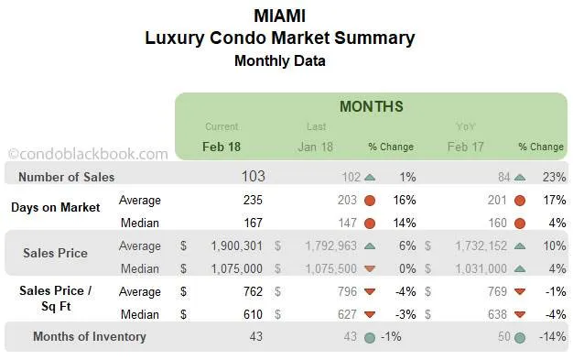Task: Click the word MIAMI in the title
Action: tap(279, 16)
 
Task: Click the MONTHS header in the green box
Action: tap(371, 107)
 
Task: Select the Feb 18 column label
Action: tap(222, 147)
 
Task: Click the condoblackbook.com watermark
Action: tap(88, 155)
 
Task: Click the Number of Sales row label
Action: tap(68, 178)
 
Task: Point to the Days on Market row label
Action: tap(56, 207)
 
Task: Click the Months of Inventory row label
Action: tap(89, 337)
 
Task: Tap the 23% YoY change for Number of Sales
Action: tap(553, 178)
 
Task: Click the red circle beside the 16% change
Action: tap(370, 201)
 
